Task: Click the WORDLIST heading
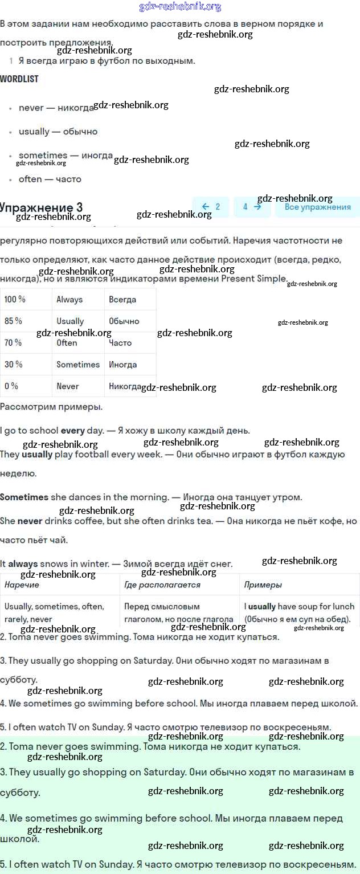[19, 79]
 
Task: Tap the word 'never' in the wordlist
[31, 108]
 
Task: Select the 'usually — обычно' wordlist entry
[58, 132]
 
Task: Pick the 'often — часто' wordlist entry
[50, 179]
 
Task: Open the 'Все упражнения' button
[317, 207]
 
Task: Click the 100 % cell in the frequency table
[15, 299]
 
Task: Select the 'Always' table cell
[69, 299]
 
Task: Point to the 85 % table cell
[14, 321]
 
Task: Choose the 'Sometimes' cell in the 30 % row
[78, 365]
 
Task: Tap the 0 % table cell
[11, 386]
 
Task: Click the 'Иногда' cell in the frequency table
[123, 365]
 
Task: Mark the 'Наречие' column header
[22, 585]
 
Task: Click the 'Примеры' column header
[263, 585]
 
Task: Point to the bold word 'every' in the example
[72, 431]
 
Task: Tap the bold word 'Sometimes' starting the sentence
[24, 497]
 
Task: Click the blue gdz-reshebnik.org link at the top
[180, 7]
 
